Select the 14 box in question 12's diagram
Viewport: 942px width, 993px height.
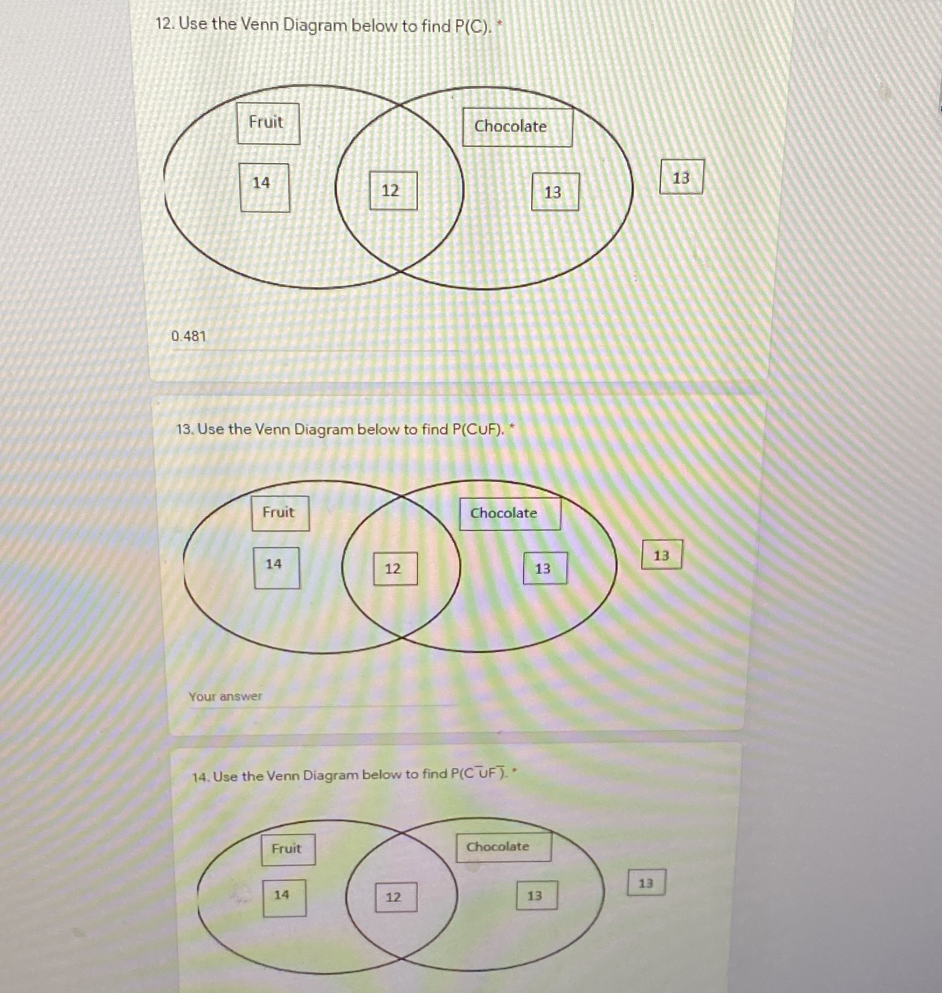pyautogui.click(x=264, y=187)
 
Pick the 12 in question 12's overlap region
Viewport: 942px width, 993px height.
pyautogui.click(x=393, y=191)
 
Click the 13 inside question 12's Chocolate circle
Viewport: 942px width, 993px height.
pyautogui.click(x=555, y=192)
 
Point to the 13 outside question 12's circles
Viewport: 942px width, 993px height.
pyautogui.click(x=681, y=177)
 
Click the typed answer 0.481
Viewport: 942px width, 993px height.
pyautogui.click(x=189, y=336)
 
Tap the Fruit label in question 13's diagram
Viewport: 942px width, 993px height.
pyautogui.click(x=280, y=513)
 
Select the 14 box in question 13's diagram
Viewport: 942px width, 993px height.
pyautogui.click(x=276, y=567)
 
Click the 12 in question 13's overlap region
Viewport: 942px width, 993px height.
pyautogui.click(x=396, y=568)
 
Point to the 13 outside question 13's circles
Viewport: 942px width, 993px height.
pyautogui.click(x=662, y=555)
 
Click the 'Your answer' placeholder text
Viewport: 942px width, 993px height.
pyautogui.click(x=226, y=697)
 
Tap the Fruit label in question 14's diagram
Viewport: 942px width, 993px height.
pyautogui.click(x=288, y=849)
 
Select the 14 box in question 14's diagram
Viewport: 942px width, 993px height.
pyautogui.click(x=284, y=897)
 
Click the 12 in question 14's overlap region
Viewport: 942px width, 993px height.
pyautogui.click(x=396, y=897)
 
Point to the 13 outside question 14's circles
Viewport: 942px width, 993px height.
pyautogui.click(x=646, y=883)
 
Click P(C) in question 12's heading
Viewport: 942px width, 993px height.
pyautogui.click(x=471, y=26)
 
